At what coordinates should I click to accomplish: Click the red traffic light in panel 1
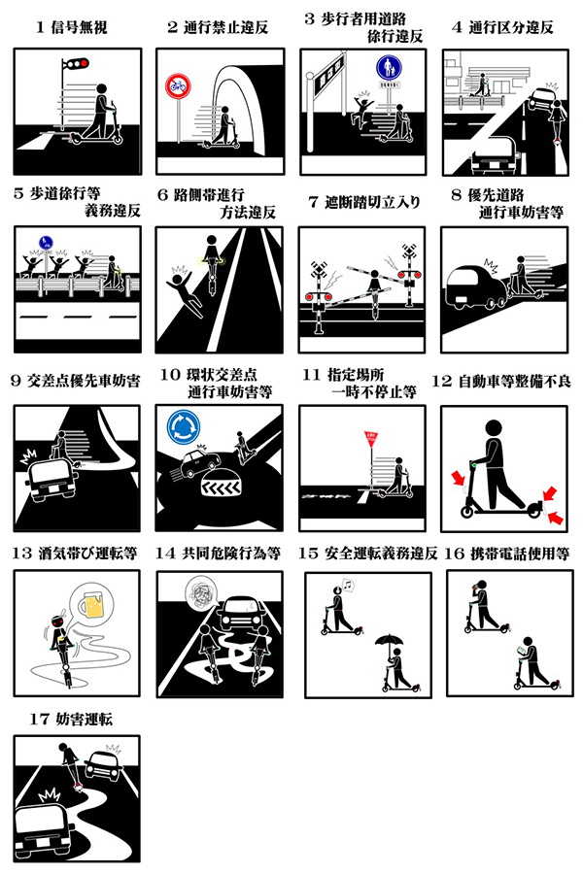click(x=85, y=64)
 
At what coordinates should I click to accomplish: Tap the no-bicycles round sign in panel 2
click(x=178, y=86)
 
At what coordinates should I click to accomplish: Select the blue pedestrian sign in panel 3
click(x=389, y=68)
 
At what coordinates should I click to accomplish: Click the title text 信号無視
click(x=80, y=27)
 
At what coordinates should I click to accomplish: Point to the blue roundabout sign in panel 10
click(x=183, y=426)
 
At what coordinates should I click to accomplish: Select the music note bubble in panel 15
click(x=348, y=586)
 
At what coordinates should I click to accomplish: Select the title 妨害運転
click(x=84, y=719)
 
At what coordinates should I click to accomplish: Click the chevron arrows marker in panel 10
click(x=221, y=488)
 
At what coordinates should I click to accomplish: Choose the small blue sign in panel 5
click(x=46, y=243)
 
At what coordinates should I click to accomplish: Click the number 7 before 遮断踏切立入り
click(x=313, y=202)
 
